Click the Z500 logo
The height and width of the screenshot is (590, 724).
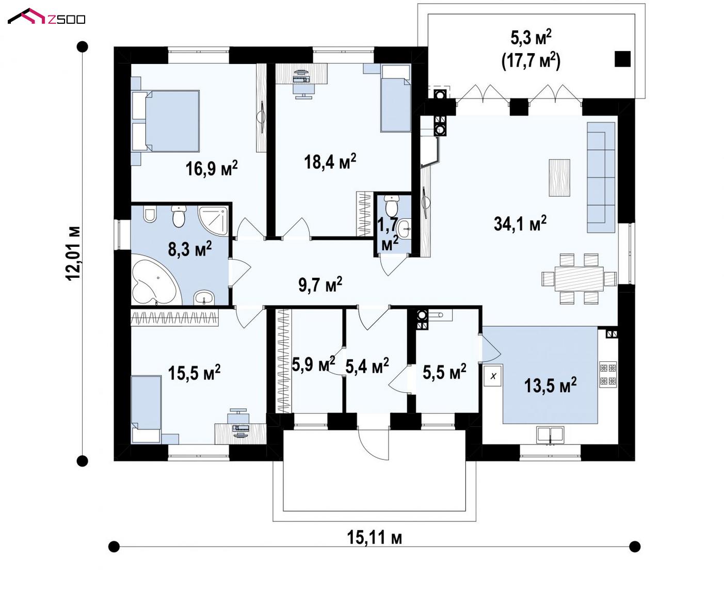coord(46,17)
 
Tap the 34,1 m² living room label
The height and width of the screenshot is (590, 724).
coord(520,223)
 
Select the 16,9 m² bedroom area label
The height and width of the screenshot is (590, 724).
coord(212,168)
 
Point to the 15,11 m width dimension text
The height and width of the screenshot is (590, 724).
coord(374,537)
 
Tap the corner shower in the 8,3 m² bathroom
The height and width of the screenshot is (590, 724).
coord(213,221)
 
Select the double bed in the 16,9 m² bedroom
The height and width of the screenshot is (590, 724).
coord(166,121)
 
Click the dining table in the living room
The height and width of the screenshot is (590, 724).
coord(579,279)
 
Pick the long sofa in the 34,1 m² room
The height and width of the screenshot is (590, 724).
coord(601,177)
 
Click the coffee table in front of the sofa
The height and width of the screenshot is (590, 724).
coord(559,178)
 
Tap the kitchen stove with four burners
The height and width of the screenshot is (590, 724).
coord(608,374)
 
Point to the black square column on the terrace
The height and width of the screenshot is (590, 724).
coord(622,59)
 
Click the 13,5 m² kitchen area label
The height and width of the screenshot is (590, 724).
coord(550,385)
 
